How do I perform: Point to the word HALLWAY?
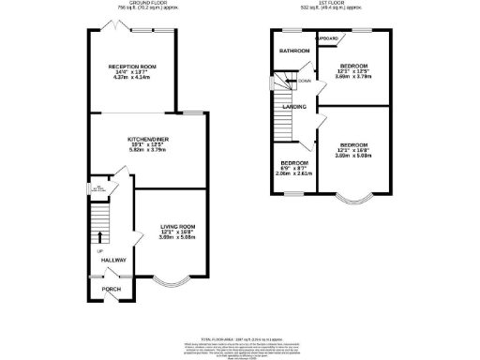(x=114, y=260)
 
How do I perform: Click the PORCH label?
(x=112, y=289)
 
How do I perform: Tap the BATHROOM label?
(x=293, y=51)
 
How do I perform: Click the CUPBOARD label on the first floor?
(x=327, y=38)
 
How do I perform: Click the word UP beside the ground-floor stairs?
(x=99, y=250)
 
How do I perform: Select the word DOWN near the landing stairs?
(x=305, y=82)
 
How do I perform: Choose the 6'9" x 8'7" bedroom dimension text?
(x=292, y=168)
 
